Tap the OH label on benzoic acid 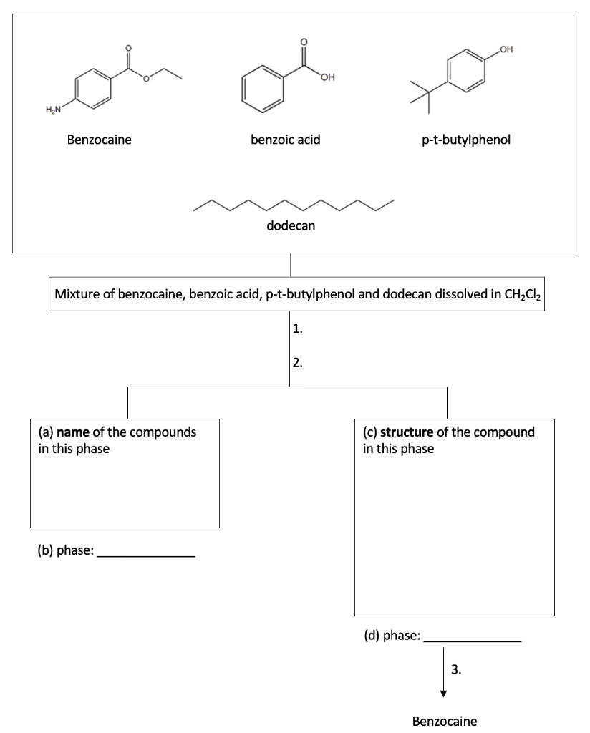point(329,77)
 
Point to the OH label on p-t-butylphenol point(507,48)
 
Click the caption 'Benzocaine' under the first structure point(99,140)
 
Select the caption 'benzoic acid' point(285,140)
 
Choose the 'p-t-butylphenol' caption point(465,140)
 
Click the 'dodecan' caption point(291,226)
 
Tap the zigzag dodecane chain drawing point(294,204)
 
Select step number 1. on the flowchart point(299,330)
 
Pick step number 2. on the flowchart point(299,362)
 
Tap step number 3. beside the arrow point(456,670)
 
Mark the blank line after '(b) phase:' point(145,555)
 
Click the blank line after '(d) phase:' point(473,641)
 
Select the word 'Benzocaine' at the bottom point(445,721)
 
